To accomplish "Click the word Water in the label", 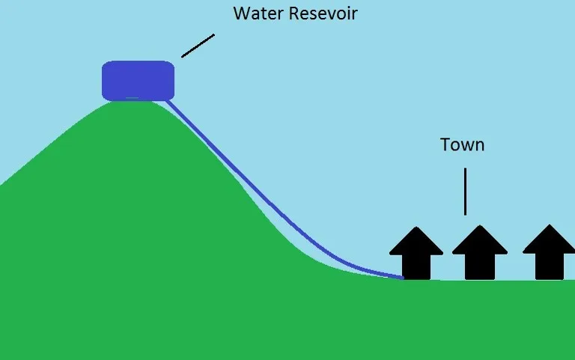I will tap(257, 13).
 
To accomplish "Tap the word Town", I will tap(462, 144).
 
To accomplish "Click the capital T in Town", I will tap(445, 144).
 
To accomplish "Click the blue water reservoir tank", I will tap(138, 80).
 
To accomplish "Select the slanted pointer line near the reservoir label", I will tap(198, 46).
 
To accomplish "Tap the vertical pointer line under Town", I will tap(465, 192).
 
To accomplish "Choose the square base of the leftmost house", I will tap(417, 266).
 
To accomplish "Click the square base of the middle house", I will tap(479, 266).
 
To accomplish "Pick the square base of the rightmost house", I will tap(550, 266).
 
